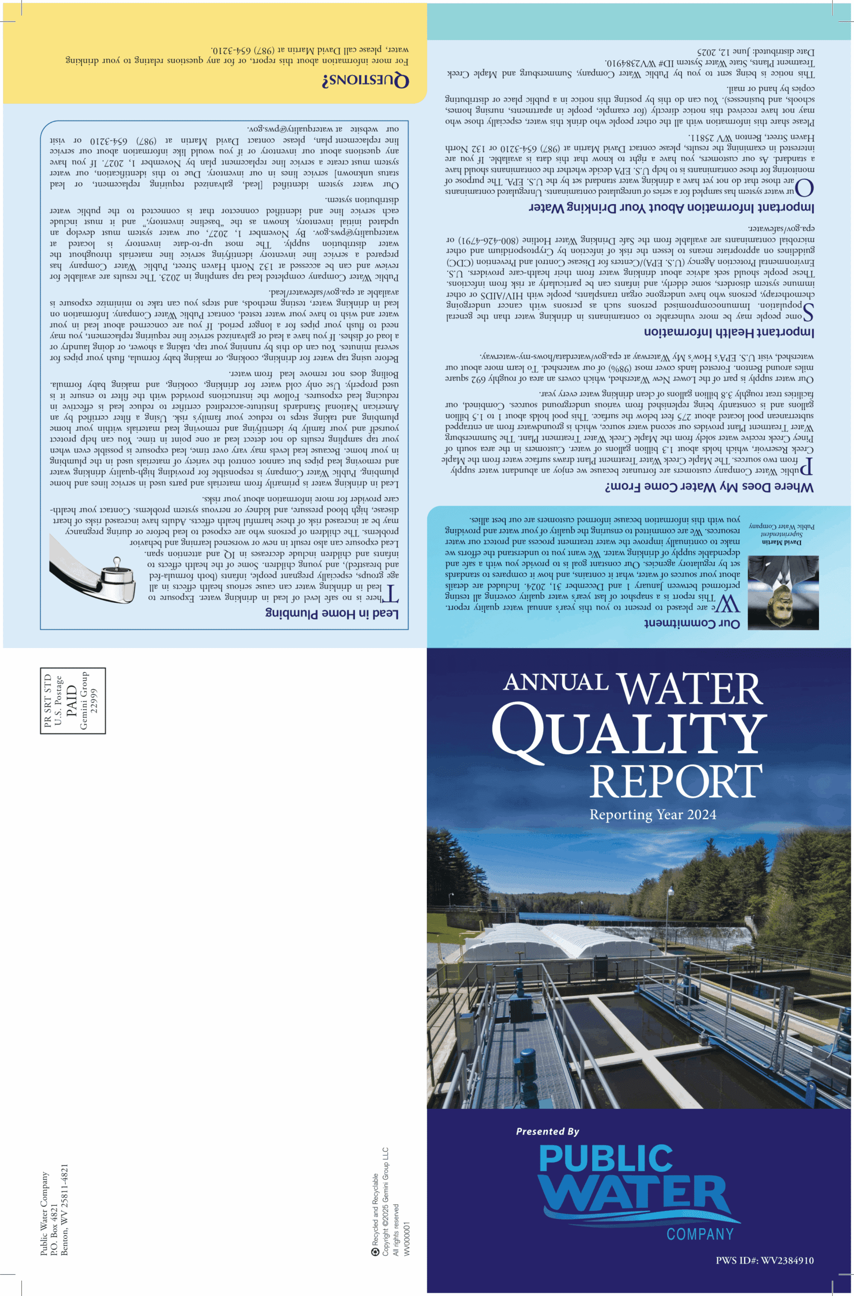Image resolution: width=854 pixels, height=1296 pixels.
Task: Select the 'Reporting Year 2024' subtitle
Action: point(653,815)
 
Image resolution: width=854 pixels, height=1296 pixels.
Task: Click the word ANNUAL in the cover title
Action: point(555,682)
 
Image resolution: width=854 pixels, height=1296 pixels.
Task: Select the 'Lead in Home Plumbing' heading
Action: point(332,613)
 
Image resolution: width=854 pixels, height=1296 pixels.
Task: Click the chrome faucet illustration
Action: point(93,569)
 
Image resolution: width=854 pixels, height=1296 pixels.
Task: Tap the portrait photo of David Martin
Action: point(783,592)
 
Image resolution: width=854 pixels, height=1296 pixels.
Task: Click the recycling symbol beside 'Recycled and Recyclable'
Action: point(375,1252)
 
